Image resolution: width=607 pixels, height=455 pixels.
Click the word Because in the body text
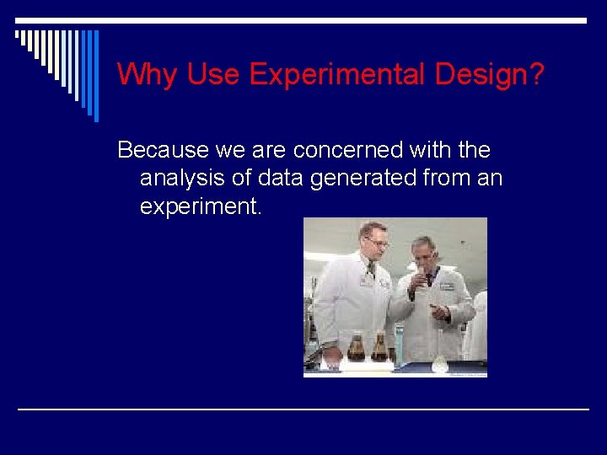[163, 150]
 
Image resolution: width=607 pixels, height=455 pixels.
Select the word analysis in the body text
[182, 178]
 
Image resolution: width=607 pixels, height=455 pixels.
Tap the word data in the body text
[282, 178]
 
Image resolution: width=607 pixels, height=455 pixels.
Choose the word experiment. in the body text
[201, 206]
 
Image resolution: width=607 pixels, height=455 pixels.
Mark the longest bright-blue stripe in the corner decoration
[95, 76]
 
